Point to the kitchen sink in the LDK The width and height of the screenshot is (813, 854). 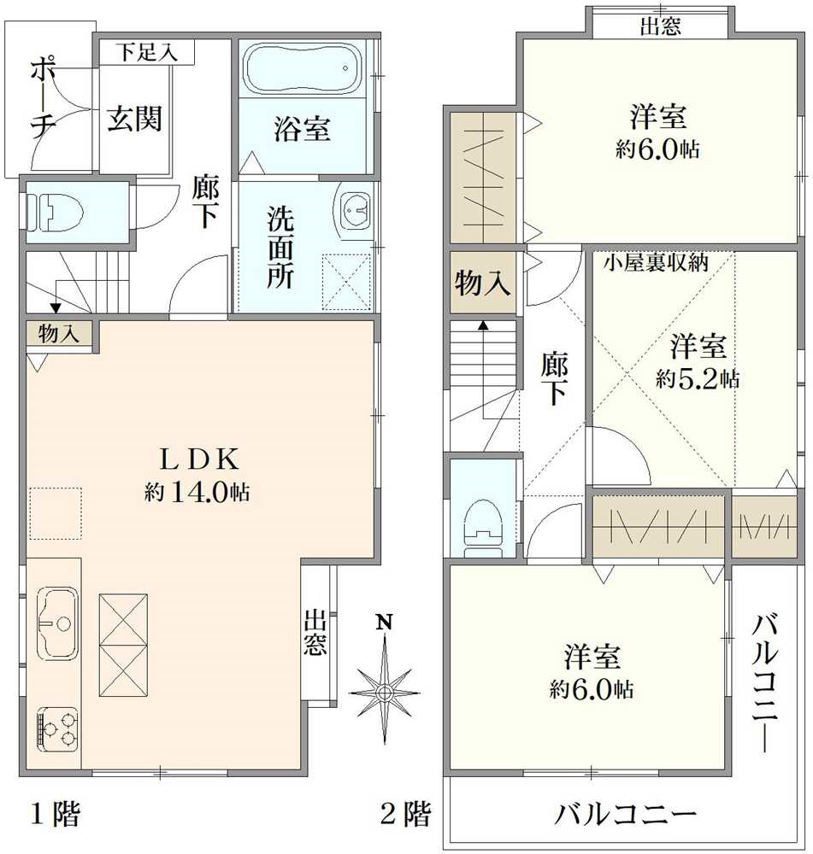click(55, 622)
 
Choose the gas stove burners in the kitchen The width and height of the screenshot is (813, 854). click(57, 728)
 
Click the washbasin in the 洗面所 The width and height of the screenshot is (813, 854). click(355, 209)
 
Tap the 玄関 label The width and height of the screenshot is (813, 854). click(134, 119)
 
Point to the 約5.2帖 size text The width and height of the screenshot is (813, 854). click(698, 378)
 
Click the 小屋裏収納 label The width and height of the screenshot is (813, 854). click(656, 262)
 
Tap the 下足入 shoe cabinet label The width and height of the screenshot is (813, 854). click(147, 51)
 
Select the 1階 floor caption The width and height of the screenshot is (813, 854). click(56, 814)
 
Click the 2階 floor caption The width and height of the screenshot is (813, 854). click(404, 814)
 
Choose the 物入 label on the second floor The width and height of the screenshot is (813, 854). click(483, 283)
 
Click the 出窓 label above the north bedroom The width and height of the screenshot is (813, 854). click(661, 26)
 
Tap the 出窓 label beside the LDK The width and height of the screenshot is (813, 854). click(315, 633)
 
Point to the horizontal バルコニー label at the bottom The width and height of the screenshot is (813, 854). click(626, 814)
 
